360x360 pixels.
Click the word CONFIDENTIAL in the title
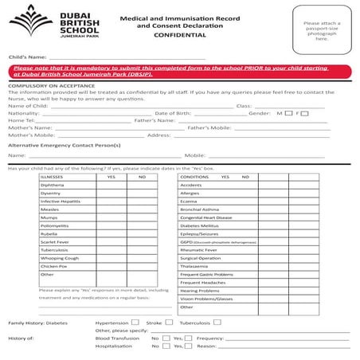(167, 36)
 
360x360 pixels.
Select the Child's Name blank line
(127, 58)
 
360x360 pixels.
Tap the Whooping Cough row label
(60, 258)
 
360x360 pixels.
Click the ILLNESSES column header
(53, 177)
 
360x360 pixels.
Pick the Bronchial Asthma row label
(199, 209)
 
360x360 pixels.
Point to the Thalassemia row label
(194, 266)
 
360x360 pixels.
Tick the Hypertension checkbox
(135, 323)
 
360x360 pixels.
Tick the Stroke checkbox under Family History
(168, 323)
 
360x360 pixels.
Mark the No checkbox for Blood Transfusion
(166, 338)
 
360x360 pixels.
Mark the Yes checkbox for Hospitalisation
(188, 346)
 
